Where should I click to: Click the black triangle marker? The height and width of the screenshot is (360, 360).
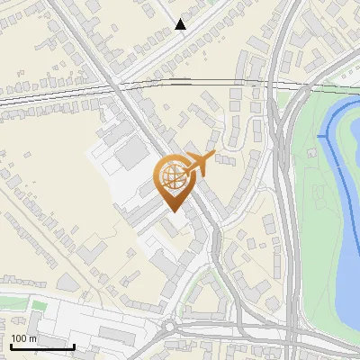click(x=181, y=24)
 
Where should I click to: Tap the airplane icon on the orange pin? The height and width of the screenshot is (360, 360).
click(x=198, y=164)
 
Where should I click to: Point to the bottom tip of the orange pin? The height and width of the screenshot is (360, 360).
click(x=172, y=211)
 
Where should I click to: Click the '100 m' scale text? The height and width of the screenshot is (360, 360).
click(x=24, y=338)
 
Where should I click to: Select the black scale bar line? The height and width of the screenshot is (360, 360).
click(x=42, y=346)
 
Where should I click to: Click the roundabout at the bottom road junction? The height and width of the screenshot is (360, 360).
click(x=170, y=326)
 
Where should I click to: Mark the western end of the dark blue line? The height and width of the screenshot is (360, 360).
click(x=319, y=136)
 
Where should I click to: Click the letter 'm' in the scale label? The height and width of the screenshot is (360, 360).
click(x=33, y=338)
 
